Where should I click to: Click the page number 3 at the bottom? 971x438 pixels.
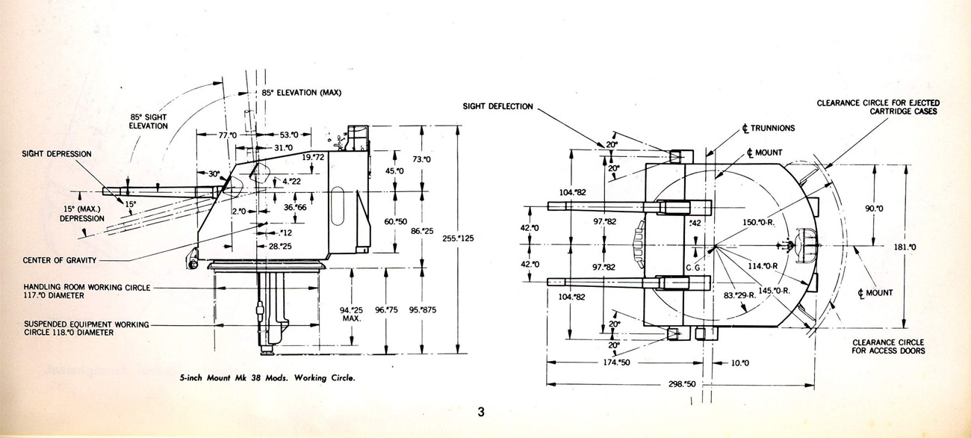coord(481,412)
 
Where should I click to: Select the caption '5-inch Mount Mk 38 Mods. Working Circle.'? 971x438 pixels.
coord(267,377)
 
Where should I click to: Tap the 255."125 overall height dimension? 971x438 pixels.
coord(458,238)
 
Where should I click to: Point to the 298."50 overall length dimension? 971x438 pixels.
coord(682,384)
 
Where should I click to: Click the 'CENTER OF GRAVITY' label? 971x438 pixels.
coord(60,260)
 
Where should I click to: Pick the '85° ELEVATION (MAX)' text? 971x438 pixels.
coord(301,93)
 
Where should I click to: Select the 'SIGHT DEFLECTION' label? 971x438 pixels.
coord(497,106)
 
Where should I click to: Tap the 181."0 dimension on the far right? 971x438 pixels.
coord(905,247)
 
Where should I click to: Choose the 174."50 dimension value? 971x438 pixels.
coord(616,363)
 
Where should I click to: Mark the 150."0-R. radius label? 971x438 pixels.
coord(759,223)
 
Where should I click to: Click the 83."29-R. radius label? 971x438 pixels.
coord(740,295)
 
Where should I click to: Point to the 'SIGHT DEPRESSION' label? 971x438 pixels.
coord(57,154)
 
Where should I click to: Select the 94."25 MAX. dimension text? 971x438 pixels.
coord(351,315)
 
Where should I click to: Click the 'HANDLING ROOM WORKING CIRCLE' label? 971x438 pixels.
coord(87,288)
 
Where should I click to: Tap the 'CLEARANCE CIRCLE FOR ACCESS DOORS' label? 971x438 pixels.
coord(888,347)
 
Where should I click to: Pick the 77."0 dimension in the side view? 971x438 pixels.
coord(228,135)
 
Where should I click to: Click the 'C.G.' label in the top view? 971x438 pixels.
coord(694,268)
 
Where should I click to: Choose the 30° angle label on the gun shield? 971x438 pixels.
coord(214,174)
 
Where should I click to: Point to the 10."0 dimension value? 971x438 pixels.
coord(740,363)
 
